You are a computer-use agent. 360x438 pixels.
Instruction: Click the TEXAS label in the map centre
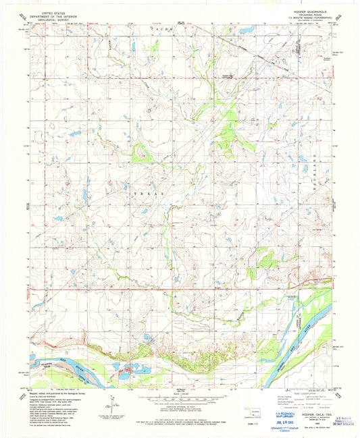click(152, 194)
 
